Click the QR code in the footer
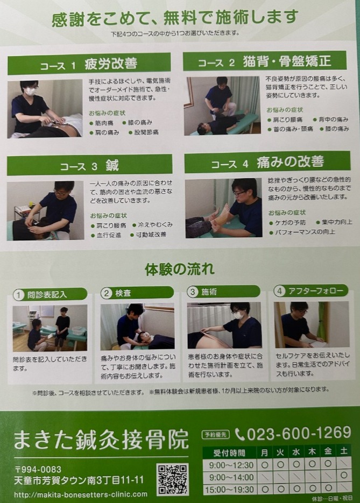tap(172, 479)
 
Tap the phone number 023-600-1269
tap(299, 434)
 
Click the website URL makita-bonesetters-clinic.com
tap(81, 494)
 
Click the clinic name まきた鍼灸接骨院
tap(101, 440)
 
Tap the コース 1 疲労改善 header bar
tap(89, 63)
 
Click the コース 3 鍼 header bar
tap(89, 165)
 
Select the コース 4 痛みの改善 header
tap(267, 162)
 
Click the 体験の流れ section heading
tap(180, 269)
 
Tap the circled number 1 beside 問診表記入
tap(19, 295)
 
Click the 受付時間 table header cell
tap(229, 453)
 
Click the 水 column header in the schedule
tap(296, 452)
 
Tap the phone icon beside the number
tap(239, 434)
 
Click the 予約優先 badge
tap(216, 434)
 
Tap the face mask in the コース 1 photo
tap(30, 91)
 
